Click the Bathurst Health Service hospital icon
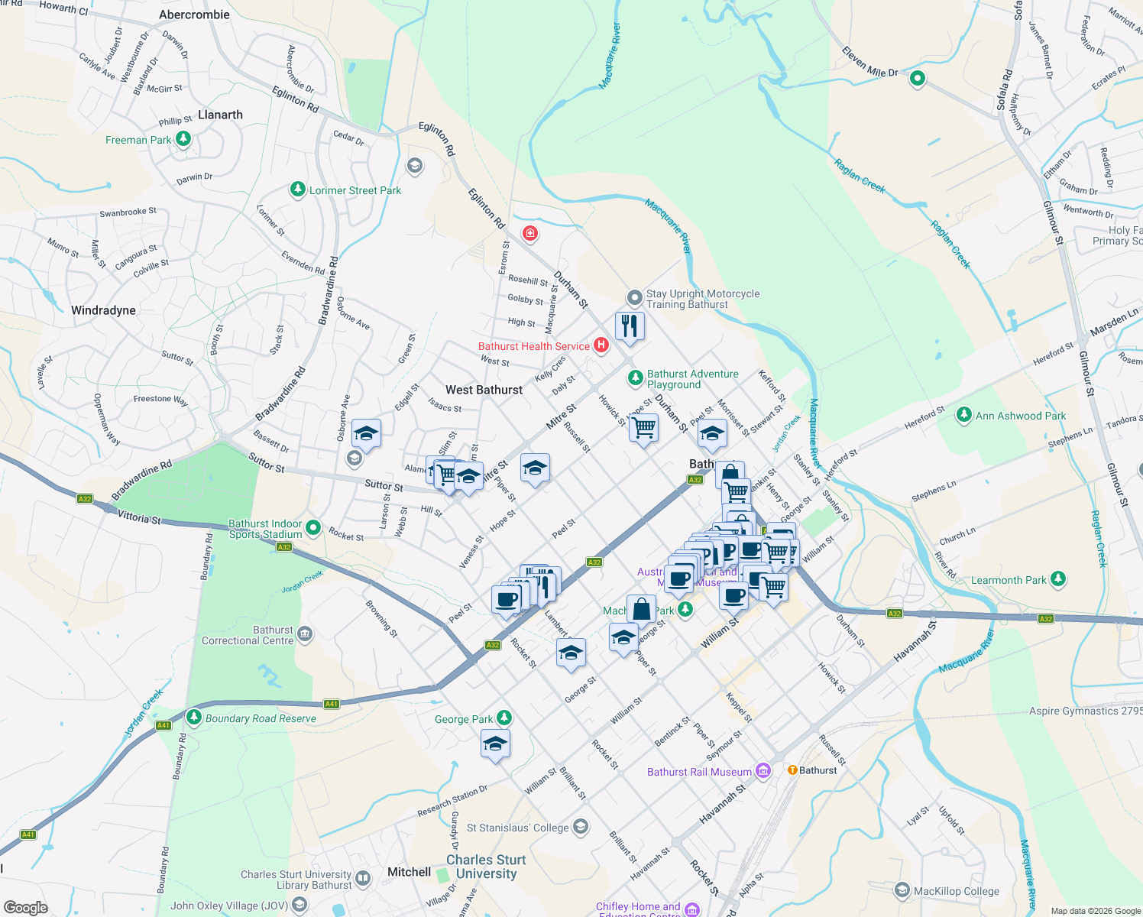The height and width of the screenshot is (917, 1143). (601, 345)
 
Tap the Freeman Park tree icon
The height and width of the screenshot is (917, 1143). (183, 139)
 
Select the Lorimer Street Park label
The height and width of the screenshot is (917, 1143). (355, 190)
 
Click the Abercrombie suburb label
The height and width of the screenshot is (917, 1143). (194, 15)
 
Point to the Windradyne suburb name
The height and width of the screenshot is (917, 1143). (103, 310)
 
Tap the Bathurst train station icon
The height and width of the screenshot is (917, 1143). (792, 770)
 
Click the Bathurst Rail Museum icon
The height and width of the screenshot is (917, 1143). (763, 771)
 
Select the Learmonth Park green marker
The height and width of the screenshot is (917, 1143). (1057, 579)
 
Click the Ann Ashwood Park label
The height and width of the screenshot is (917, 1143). (1020, 416)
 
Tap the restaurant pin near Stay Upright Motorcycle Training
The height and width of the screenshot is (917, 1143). (630, 326)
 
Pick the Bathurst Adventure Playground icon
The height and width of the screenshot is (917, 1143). (635, 378)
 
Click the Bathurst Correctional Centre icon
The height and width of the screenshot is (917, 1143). (305, 633)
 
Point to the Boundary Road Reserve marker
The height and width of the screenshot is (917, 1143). (194, 718)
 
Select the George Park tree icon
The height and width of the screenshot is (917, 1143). (504, 718)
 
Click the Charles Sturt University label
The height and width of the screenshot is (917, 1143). (486, 867)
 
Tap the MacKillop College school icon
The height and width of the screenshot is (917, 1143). (902, 890)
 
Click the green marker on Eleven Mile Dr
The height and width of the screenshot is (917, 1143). (918, 78)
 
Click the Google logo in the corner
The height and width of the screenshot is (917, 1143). (25, 907)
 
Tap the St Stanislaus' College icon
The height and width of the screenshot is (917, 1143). (581, 827)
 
